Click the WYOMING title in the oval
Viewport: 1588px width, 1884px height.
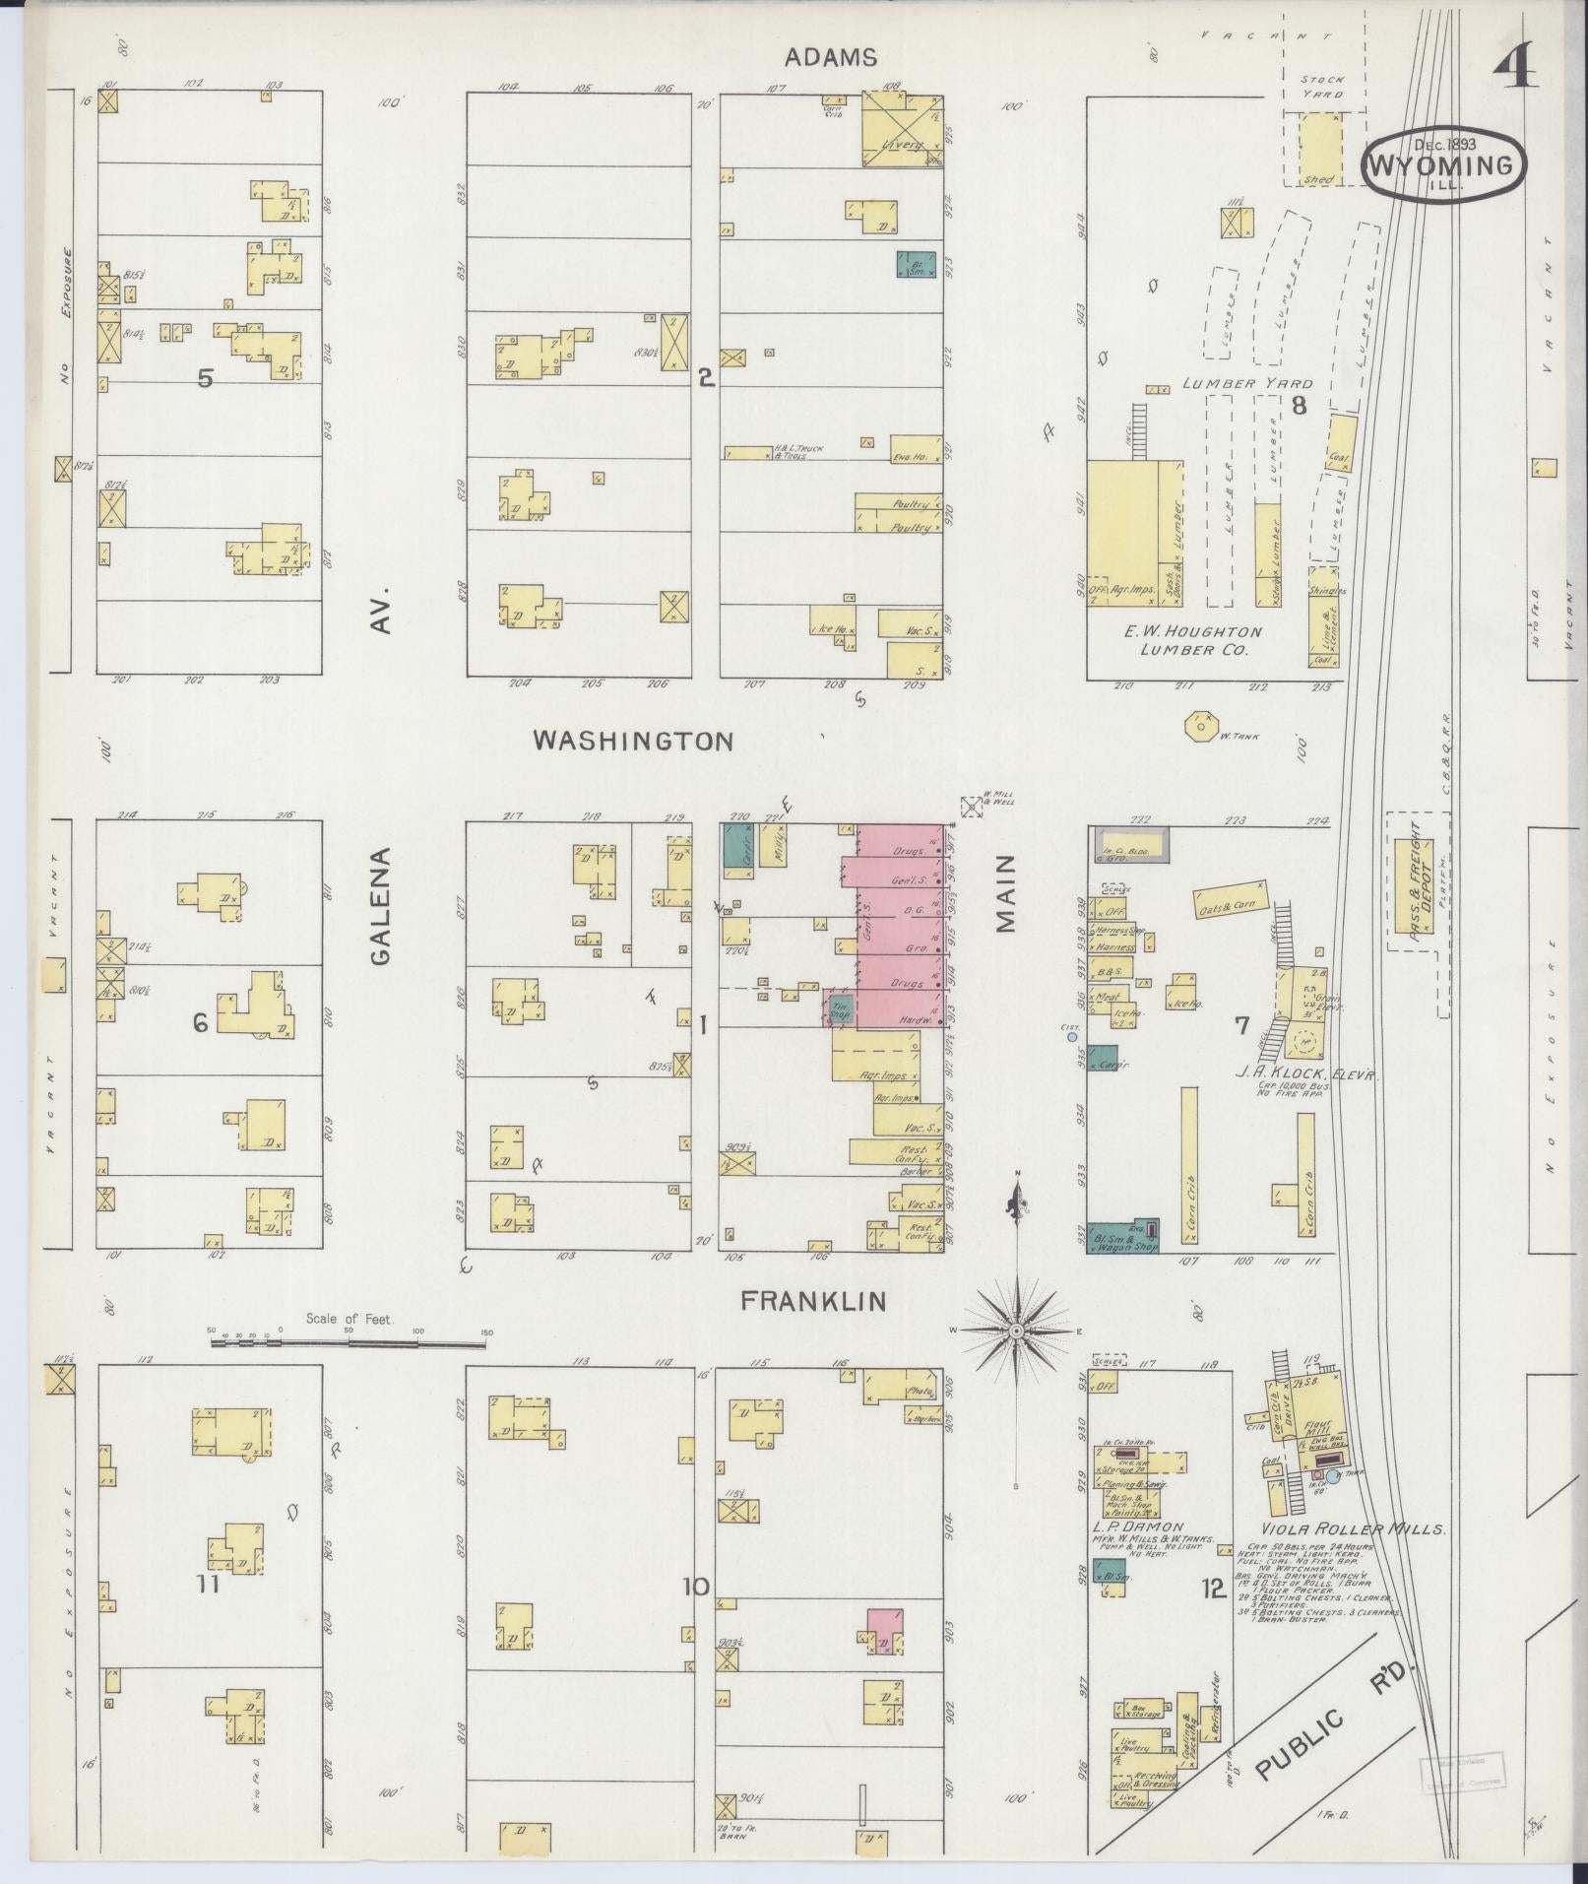[x=1444, y=164]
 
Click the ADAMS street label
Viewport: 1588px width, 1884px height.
[x=830, y=58]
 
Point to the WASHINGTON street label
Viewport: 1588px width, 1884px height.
[x=633, y=742]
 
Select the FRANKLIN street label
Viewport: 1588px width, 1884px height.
[x=813, y=1302]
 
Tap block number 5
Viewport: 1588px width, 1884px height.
[x=205, y=378]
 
